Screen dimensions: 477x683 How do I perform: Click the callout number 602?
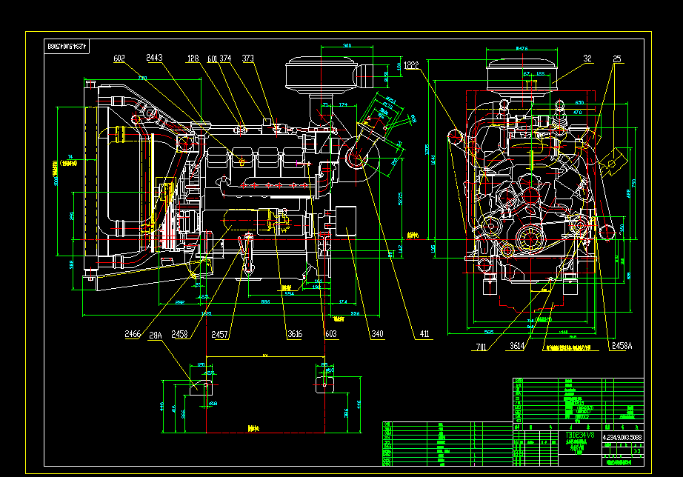click(x=119, y=58)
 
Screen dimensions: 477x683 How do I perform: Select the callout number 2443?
click(x=155, y=58)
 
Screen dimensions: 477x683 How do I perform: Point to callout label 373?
click(x=248, y=58)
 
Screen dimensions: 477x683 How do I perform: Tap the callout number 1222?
click(x=412, y=64)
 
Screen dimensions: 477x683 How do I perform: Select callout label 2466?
click(x=133, y=335)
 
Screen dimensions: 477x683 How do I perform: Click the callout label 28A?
click(x=156, y=335)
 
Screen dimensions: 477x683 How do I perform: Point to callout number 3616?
click(x=294, y=335)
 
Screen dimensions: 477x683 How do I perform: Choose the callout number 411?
click(x=424, y=335)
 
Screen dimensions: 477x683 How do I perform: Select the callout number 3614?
click(x=518, y=346)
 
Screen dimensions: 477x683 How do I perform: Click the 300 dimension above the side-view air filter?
click(x=347, y=46)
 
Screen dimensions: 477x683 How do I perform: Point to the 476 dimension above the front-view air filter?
click(x=522, y=48)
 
